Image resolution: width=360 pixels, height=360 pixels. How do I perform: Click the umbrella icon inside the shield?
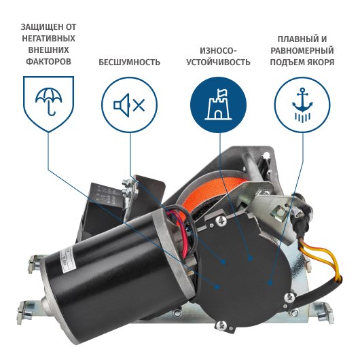48,102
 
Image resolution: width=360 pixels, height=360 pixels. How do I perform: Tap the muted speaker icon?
129,105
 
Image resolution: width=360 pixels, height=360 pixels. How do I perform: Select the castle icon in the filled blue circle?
218,104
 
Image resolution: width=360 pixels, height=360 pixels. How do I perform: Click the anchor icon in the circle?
302,105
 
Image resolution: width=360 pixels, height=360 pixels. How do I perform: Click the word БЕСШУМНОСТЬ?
129,62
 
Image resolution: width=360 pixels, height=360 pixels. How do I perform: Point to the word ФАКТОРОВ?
48,61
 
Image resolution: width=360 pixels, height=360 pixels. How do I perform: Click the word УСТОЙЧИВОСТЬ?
218,62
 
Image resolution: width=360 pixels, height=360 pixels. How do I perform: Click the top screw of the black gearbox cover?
221,221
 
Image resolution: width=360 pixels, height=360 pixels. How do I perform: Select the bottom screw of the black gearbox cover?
221,325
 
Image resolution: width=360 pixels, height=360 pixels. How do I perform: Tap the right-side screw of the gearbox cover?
289,298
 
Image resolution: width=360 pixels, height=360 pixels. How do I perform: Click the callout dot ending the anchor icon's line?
270,283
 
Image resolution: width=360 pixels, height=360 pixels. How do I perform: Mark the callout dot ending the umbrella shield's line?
216,287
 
